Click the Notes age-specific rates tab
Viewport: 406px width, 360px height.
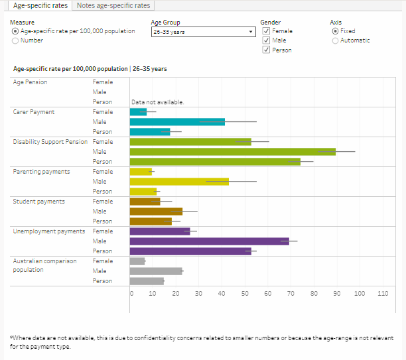point(114,6)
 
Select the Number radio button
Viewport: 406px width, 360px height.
point(15,40)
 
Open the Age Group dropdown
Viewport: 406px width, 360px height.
point(203,31)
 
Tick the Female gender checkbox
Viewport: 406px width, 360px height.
point(265,31)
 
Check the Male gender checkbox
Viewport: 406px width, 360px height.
point(265,40)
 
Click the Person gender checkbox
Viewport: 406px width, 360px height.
point(265,50)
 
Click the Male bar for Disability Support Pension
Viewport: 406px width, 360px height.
point(232,152)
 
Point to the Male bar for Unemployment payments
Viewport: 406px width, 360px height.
point(209,241)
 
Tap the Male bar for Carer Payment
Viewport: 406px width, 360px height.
point(177,122)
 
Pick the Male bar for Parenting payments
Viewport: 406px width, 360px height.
point(179,182)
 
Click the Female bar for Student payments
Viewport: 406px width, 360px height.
point(145,202)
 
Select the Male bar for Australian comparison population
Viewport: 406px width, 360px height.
point(156,271)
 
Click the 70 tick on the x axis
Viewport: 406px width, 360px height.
point(291,292)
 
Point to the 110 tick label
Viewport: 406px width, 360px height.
point(382,292)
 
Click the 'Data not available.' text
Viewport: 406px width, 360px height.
point(157,102)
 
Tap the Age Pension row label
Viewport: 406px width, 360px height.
point(31,82)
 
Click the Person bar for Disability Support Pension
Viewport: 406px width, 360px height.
point(215,162)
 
